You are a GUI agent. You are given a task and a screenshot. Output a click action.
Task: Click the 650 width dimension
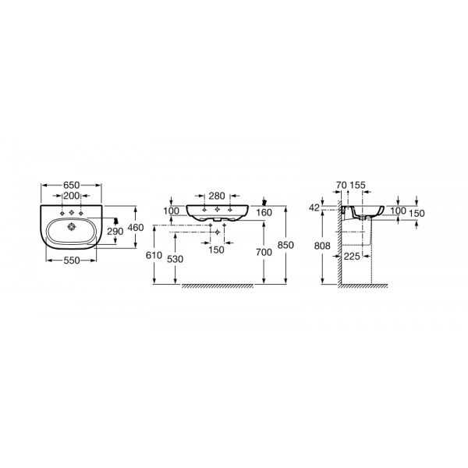(x=71, y=185)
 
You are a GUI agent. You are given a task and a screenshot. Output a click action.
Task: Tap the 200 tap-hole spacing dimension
(x=72, y=196)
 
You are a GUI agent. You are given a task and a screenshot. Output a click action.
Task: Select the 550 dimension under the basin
(x=72, y=261)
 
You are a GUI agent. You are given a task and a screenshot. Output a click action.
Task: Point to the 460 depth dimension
(x=136, y=228)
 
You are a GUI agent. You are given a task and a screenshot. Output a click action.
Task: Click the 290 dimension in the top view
(x=115, y=232)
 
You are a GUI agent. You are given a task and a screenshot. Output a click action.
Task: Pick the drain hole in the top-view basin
(x=72, y=227)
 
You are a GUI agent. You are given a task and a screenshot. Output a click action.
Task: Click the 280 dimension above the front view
(x=217, y=196)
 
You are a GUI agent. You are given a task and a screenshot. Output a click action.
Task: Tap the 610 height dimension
(x=154, y=256)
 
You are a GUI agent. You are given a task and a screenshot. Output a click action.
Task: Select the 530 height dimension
(x=175, y=259)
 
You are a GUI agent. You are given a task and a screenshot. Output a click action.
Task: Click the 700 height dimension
(x=264, y=253)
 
